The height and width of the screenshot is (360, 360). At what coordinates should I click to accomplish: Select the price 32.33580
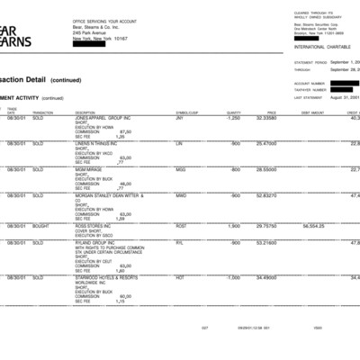266,118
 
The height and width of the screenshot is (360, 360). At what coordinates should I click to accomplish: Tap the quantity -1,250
233,118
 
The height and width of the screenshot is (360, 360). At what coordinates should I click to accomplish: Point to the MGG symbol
181,169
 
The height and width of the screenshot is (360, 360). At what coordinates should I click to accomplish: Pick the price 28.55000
266,169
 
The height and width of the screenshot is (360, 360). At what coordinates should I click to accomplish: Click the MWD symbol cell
181,194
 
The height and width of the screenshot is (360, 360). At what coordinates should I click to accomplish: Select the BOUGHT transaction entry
40,226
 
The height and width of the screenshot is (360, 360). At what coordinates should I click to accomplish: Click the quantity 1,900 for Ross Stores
234,226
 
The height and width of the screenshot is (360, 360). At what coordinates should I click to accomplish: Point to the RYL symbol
179,242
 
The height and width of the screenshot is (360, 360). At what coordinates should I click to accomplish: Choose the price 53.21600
266,242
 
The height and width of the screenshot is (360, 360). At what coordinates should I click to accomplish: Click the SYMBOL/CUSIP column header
186,112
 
